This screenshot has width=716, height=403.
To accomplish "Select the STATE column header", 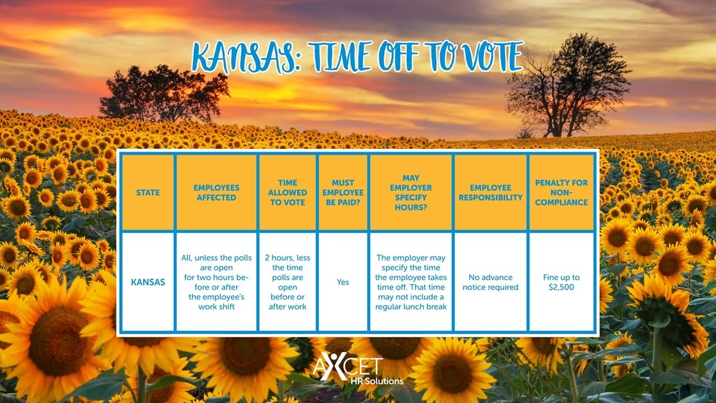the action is (148, 193).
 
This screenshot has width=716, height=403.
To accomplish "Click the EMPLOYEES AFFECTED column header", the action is (216, 193).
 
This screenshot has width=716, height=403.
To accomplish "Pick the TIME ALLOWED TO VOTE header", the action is (288, 193).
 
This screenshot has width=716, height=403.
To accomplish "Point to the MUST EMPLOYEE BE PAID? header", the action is (343, 193).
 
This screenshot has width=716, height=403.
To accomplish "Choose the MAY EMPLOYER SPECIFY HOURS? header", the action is (411, 193).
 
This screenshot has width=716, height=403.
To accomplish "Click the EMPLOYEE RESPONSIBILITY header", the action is (491, 193).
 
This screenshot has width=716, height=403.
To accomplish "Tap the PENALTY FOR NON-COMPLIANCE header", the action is (561, 193).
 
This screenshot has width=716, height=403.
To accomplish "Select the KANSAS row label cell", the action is (148, 282).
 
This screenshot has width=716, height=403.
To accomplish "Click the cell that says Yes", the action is (343, 282).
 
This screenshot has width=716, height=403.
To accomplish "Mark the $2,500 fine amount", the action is (561, 287).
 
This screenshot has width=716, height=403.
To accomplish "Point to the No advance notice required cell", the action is (491, 282).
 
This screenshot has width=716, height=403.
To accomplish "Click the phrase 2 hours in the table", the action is (279, 258).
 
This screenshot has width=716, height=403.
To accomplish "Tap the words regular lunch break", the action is (411, 307).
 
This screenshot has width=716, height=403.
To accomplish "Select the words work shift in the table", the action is (216, 307).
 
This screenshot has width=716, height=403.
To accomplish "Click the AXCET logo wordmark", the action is (348, 366).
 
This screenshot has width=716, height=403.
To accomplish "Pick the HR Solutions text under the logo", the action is (377, 381).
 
